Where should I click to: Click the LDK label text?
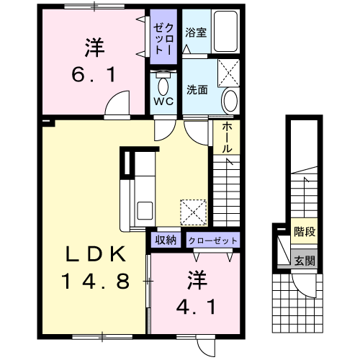coord(96,254)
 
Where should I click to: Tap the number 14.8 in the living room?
coord(96,282)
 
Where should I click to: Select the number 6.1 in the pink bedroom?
coord(94,74)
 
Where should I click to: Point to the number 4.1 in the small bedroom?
coord(196,307)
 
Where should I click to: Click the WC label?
coord(163,102)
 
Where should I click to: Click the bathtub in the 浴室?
coord(225,31)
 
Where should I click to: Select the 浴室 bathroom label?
coord(196,32)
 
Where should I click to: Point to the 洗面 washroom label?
coord(197,89)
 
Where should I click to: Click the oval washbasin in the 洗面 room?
coord(230,101)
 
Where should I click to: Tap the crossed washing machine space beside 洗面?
coord(228,73)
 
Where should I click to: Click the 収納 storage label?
coord(166,240)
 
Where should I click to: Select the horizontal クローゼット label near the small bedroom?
coord(213,240)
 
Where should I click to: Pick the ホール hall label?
coord(227,138)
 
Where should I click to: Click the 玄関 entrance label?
coord(305,261)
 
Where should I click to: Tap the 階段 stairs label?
coord(305,232)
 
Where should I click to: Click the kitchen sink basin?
coord(145,210)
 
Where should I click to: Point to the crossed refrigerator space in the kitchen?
coord(194,212)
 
